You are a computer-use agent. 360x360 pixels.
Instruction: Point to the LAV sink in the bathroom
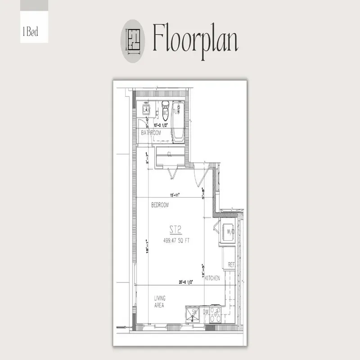(146, 109)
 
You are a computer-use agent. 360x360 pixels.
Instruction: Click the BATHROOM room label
(151, 133)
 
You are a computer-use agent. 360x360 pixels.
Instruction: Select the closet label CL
(170, 154)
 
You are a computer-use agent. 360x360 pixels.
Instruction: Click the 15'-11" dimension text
(175, 195)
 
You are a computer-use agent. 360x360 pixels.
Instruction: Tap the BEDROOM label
(160, 205)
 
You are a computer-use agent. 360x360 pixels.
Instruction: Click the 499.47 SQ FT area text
(176, 240)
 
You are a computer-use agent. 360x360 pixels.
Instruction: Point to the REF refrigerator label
(232, 265)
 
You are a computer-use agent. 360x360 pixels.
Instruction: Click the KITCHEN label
(212, 279)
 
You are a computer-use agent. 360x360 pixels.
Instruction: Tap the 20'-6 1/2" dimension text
(185, 282)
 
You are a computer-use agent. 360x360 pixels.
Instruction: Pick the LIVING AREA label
(160, 301)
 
